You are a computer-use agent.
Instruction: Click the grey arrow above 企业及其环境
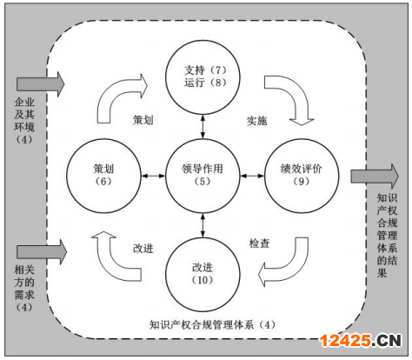point(40,84)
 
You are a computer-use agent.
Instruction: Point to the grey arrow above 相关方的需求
point(42,252)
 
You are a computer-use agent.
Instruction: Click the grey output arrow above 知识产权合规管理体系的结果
point(375,176)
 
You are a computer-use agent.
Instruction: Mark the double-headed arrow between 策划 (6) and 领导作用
point(153,176)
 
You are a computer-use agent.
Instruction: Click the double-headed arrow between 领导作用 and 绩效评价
point(252,176)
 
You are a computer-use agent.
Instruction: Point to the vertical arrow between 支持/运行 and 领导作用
point(203,127)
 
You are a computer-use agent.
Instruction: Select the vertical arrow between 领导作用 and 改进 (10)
point(203,225)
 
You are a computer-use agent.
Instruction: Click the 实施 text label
point(256,121)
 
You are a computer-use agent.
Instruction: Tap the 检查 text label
point(259,243)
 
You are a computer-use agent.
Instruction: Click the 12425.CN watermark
point(361,340)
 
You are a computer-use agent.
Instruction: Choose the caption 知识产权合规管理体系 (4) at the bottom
point(212,325)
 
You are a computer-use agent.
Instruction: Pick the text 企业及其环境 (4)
point(24,121)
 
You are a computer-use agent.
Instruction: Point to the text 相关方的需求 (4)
point(24,289)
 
